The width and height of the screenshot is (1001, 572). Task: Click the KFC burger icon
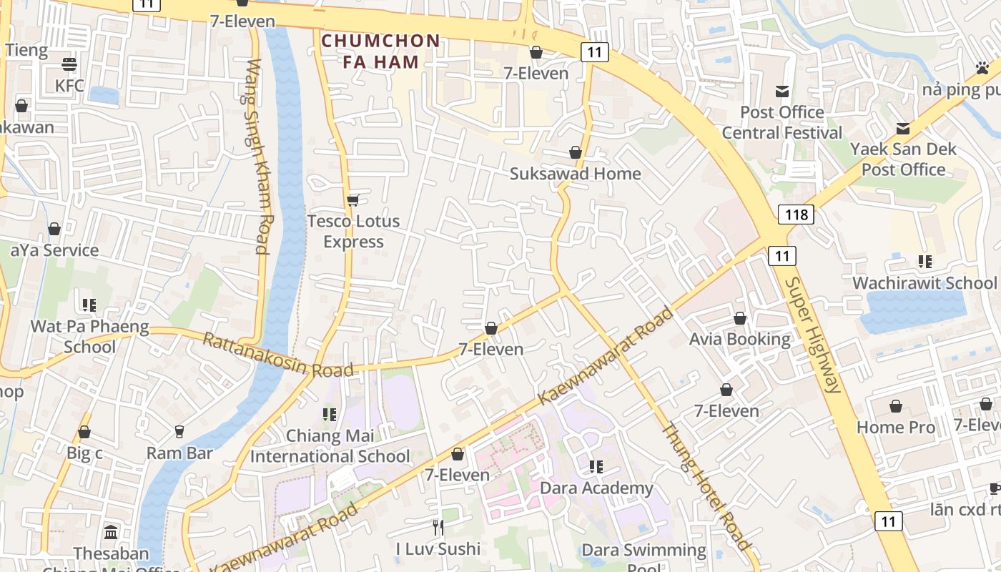(69, 64)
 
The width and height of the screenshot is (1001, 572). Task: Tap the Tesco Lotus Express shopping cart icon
(352, 200)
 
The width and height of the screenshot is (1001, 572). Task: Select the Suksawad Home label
(575, 174)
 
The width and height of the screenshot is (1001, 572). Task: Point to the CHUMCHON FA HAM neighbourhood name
(380, 51)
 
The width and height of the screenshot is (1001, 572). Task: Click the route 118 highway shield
(796, 214)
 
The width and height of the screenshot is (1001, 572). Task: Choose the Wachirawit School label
(924, 283)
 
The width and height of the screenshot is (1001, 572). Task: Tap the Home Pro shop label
(895, 427)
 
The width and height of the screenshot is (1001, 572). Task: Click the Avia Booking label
(739, 339)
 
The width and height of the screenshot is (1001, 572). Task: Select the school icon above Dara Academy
(596, 467)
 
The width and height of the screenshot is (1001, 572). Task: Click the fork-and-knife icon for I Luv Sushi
(438, 528)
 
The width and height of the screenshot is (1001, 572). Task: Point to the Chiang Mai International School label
(330, 445)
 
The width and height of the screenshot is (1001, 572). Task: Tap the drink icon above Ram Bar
(179, 432)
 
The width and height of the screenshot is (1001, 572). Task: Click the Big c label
(84, 453)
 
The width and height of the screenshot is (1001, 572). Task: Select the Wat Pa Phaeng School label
(89, 337)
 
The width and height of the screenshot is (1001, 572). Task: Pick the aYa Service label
(54, 250)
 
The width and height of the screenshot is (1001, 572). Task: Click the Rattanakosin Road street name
(278, 355)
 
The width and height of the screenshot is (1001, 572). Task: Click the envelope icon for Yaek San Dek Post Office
(903, 129)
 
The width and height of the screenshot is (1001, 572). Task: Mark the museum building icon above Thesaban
(111, 532)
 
